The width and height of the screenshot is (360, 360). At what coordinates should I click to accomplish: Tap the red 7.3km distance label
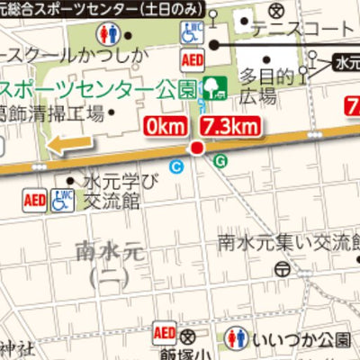point(231,125)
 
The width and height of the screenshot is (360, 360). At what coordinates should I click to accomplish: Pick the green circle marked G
point(221,160)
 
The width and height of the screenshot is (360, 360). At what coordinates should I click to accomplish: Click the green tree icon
point(214,87)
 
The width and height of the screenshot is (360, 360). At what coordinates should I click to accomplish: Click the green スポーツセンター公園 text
point(100,91)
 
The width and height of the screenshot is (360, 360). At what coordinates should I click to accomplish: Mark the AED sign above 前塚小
point(166,332)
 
